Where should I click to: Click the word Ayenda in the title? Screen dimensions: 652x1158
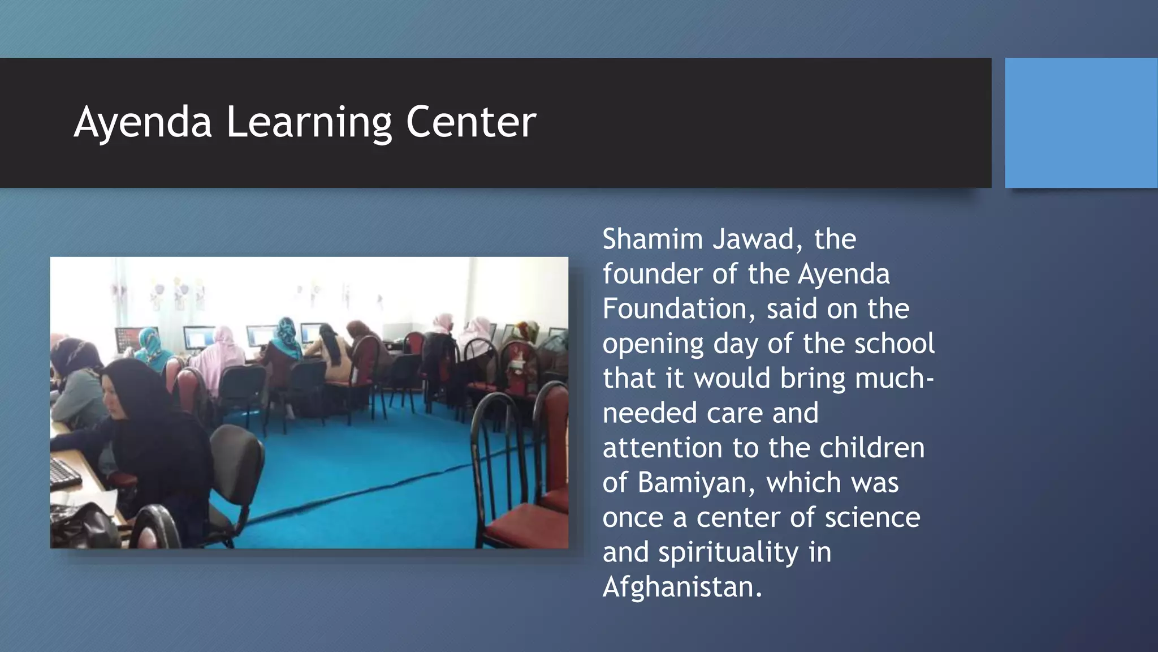click(x=142, y=122)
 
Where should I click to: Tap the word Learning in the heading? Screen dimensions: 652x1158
click(x=309, y=122)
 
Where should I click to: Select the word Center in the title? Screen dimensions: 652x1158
click(x=470, y=122)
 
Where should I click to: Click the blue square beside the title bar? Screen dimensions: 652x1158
click(x=1081, y=122)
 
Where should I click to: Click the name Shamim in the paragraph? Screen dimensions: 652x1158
click(x=652, y=239)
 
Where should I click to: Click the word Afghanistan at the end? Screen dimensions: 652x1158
click(x=682, y=587)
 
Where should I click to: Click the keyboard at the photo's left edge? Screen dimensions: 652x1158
click(x=64, y=472)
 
